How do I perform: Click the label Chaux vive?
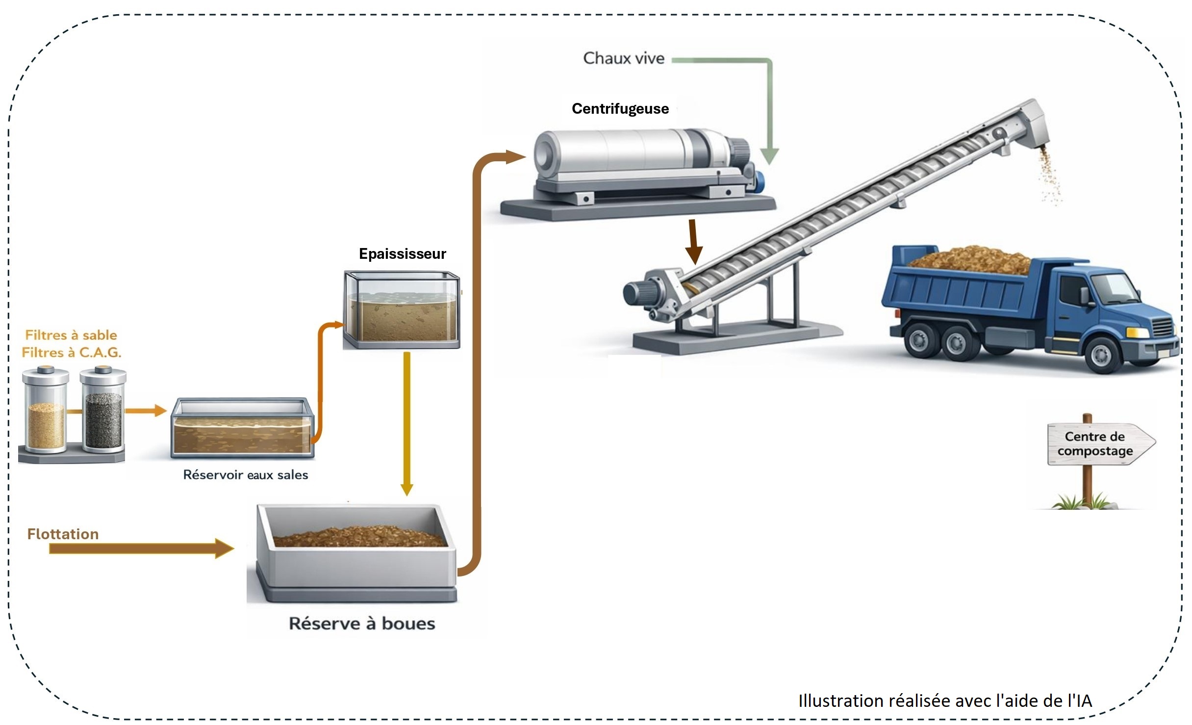click(x=623, y=58)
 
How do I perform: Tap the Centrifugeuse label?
click(x=620, y=108)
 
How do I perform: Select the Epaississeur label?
click(x=402, y=253)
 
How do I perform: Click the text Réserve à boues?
click(x=362, y=624)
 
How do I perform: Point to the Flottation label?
click(x=63, y=534)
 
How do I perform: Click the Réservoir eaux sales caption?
click(x=245, y=475)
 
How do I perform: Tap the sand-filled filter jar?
click(x=46, y=424)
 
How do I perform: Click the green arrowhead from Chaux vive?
click(x=769, y=156)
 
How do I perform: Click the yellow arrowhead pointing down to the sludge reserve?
click(x=406, y=489)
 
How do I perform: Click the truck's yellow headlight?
click(x=1138, y=333)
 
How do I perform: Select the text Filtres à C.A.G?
click(x=71, y=352)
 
